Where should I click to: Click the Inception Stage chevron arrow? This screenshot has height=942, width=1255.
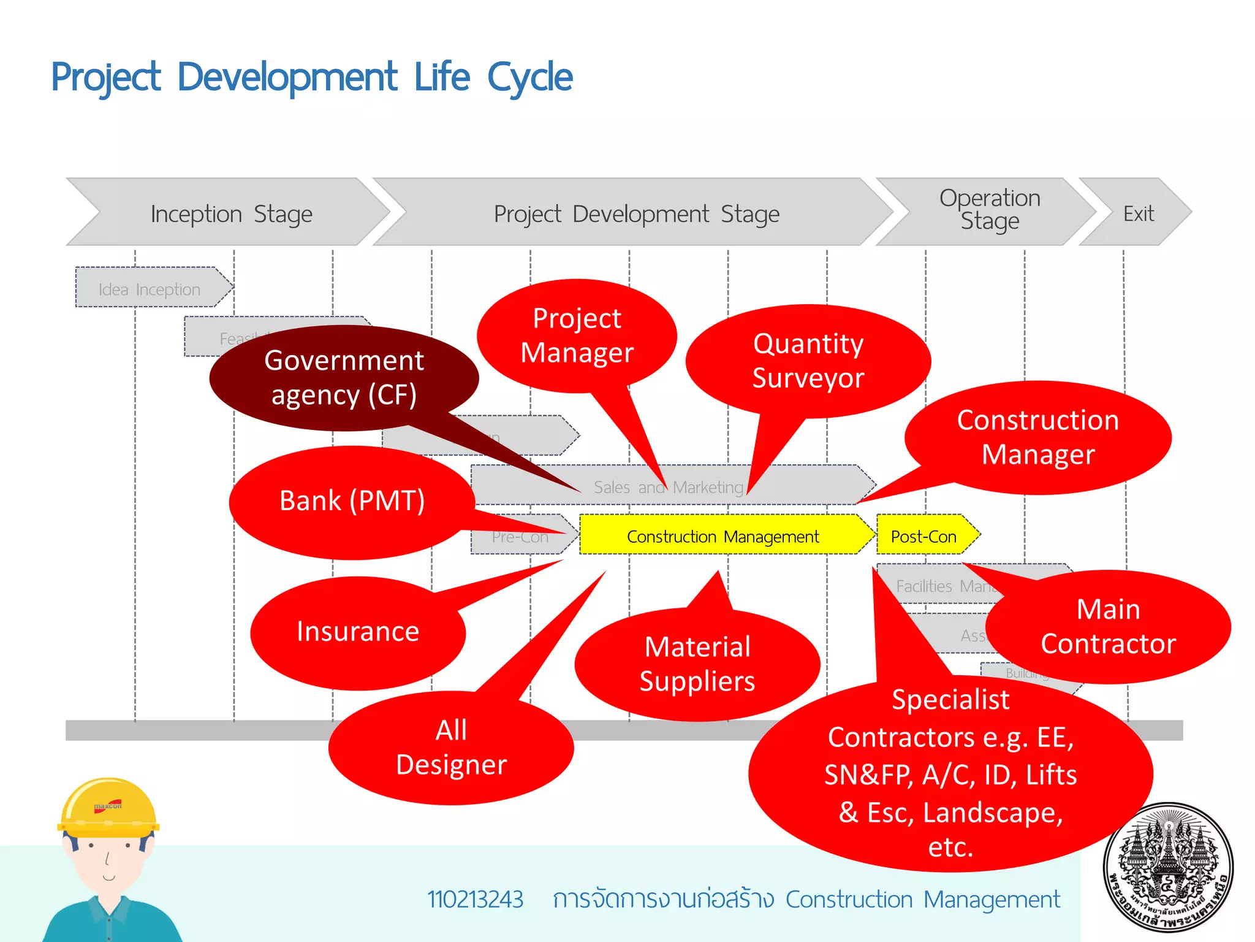tap(231, 213)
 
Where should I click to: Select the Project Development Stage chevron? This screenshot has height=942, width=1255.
tap(636, 213)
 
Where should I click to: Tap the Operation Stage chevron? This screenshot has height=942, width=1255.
tap(989, 210)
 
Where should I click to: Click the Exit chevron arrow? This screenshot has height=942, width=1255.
tap(1139, 213)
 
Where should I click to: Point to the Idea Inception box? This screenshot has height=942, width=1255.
tap(150, 288)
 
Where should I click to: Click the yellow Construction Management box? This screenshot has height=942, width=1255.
tap(723, 536)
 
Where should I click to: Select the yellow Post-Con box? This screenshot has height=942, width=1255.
tap(924, 536)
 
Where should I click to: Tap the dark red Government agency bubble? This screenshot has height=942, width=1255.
tap(344, 378)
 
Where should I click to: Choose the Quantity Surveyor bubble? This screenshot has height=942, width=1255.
tap(808, 361)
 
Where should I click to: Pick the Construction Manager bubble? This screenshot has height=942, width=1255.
tap(1038, 437)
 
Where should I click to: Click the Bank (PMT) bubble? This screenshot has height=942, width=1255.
tap(352, 501)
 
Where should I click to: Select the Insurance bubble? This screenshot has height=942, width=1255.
tap(358, 632)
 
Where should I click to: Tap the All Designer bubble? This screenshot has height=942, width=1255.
tap(451, 748)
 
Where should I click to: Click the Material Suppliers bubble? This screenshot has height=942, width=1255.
tap(697, 664)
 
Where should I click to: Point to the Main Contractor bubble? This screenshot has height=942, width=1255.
tap(1108, 626)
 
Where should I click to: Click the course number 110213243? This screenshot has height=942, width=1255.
tap(475, 900)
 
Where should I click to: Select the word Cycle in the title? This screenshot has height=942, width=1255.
tap(529, 77)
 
